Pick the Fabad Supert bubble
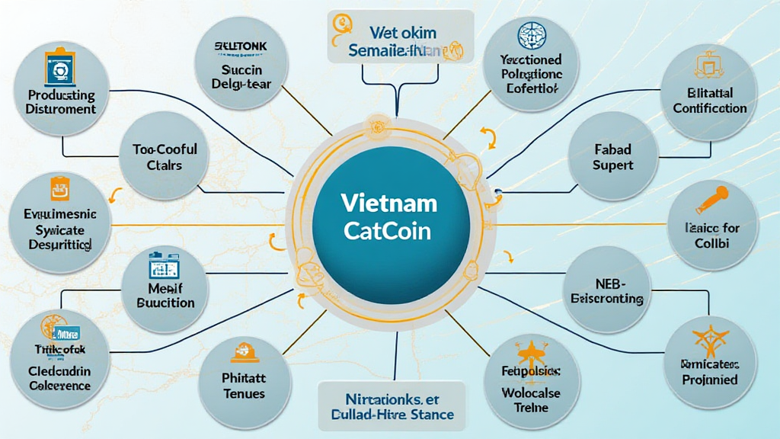point(612,157)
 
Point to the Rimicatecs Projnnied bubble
point(709,359)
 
